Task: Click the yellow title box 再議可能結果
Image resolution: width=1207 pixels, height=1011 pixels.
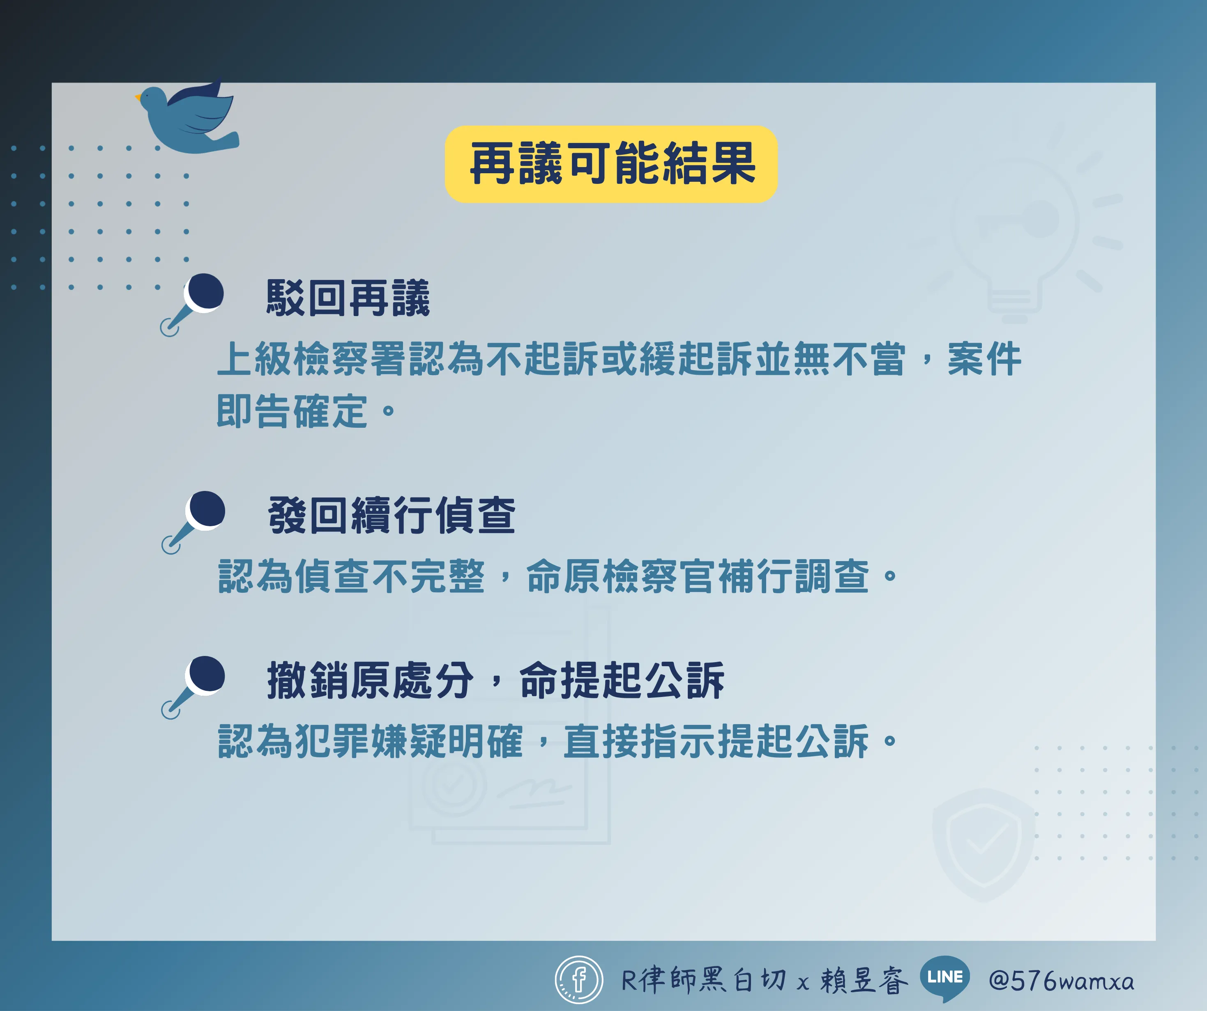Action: click(611, 164)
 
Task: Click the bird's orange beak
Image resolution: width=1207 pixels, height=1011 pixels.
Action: click(138, 97)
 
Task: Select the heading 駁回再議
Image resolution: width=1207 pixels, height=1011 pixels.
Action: click(348, 298)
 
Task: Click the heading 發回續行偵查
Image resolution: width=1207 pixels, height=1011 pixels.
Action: click(392, 515)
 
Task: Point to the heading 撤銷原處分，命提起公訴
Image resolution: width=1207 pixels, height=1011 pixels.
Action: click(495, 680)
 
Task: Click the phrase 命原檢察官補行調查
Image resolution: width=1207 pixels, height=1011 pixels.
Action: click(697, 576)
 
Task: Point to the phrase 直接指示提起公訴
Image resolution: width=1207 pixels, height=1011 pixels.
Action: click(716, 741)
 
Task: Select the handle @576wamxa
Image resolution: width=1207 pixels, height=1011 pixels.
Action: click(1062, 981)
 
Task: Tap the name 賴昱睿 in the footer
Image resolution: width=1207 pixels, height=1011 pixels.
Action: click(864, 980)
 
